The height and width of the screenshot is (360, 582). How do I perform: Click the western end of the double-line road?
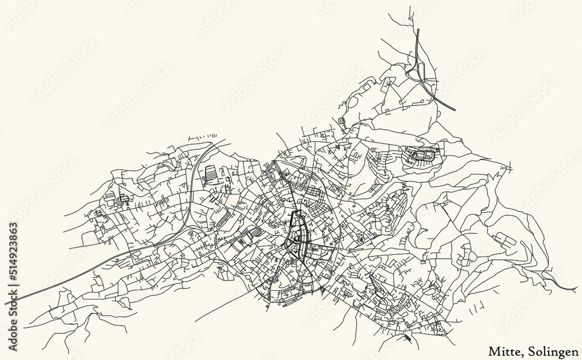tap(7, 302)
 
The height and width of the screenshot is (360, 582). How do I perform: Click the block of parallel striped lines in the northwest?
tap(212, 173)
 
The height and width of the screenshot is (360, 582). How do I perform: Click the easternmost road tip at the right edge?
tap(577, 289)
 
